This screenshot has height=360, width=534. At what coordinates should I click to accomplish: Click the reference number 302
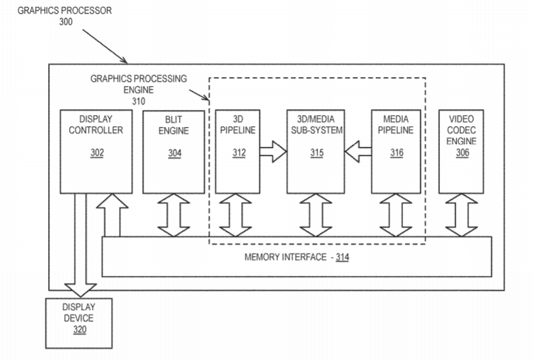click(97, 153)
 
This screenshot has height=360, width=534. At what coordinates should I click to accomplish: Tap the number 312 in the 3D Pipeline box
click(238, 153)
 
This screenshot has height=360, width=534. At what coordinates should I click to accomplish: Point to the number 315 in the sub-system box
click(317, 153)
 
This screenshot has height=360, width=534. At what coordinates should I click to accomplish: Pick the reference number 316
click(397, 153)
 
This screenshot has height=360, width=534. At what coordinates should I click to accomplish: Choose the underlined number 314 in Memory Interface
click(342, 257)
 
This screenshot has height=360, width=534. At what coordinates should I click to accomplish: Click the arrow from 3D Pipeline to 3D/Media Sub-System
click(272, 153)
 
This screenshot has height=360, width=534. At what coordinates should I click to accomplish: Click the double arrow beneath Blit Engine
click(174, 215)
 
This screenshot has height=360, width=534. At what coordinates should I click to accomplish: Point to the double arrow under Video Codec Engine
click(462, 215)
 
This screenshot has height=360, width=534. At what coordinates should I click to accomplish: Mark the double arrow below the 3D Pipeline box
click(235, 215)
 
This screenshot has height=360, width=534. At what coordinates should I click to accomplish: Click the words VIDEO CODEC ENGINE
click(462, 130)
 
